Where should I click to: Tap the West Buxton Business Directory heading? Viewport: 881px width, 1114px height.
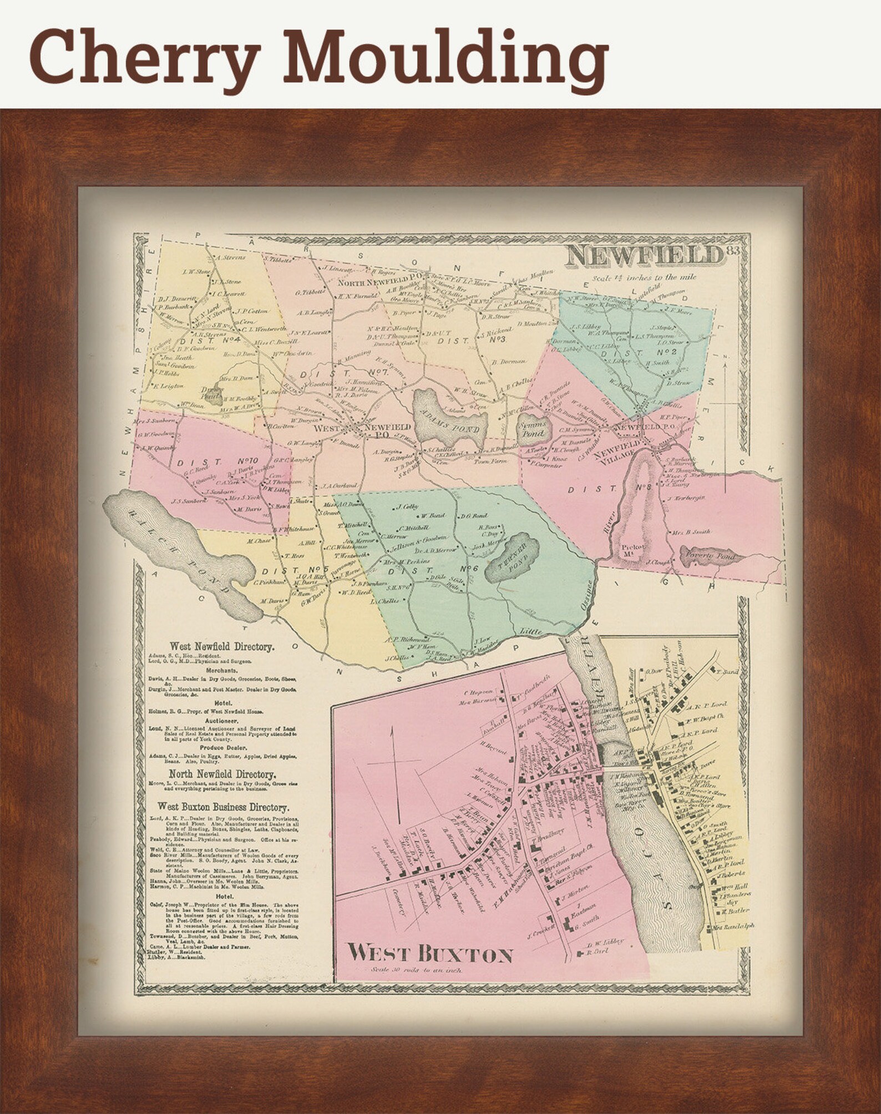point(222,807)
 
